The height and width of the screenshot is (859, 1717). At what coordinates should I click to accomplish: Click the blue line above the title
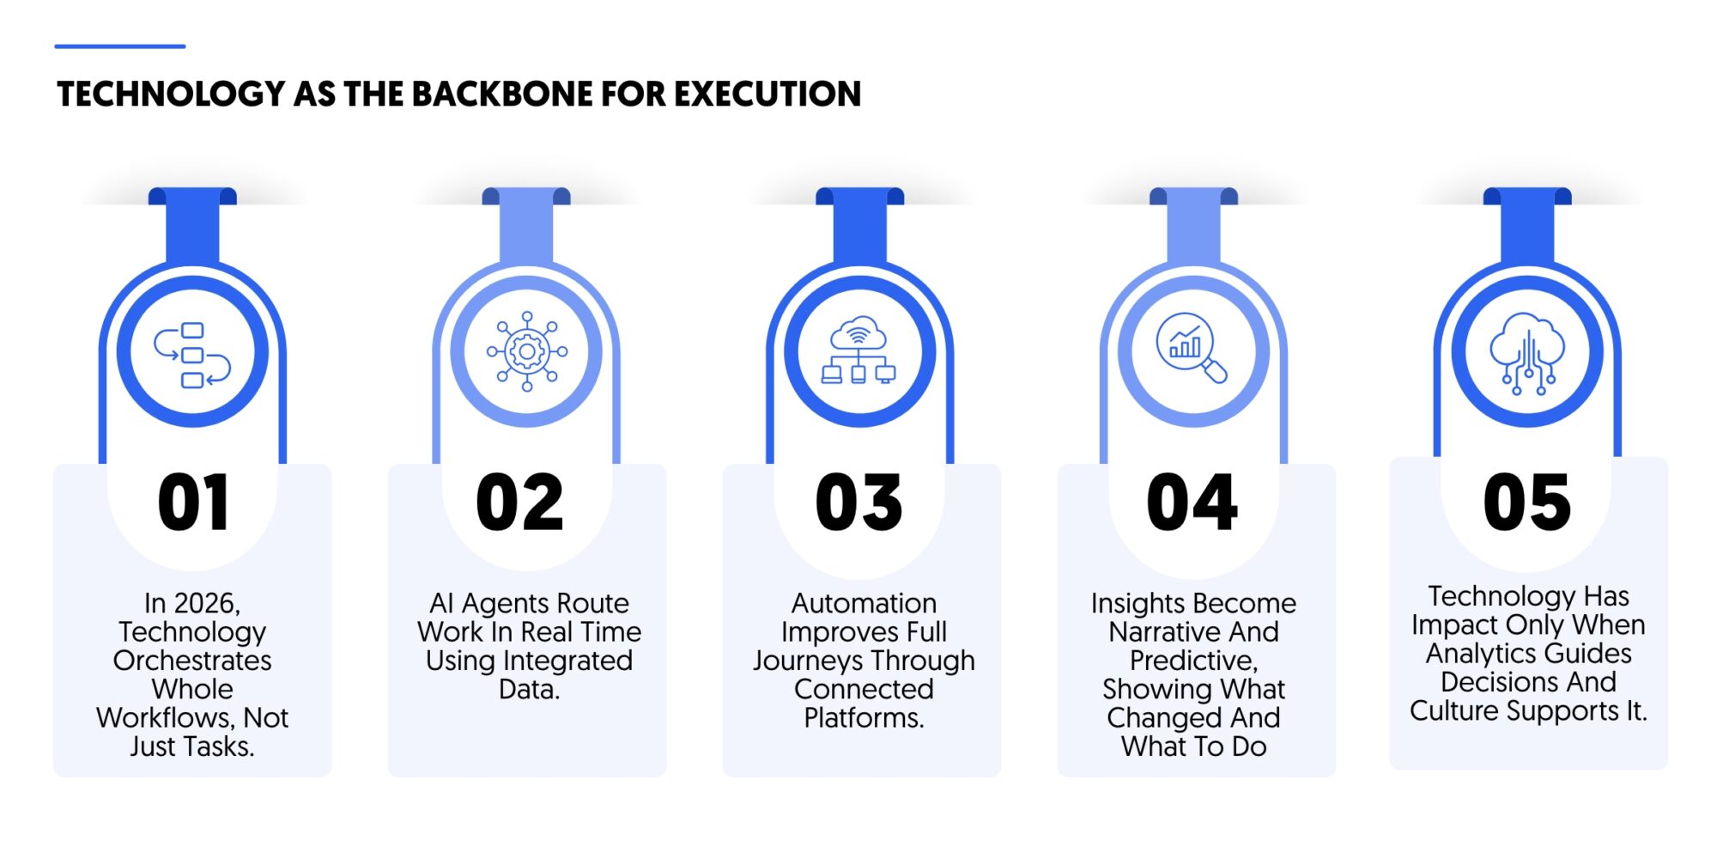(x=120, y=46)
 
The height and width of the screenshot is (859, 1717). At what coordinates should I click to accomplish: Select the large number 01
(x=194, y=503)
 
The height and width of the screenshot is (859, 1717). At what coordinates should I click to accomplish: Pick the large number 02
(x=519, y=503)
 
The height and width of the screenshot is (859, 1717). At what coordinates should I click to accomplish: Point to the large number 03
(x=858, y=503)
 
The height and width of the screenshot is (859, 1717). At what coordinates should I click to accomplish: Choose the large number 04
(x=1192, y=503)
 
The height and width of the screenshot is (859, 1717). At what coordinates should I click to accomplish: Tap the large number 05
(x=1527, y=503)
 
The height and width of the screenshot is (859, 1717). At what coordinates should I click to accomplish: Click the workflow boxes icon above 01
(x=192, y=355)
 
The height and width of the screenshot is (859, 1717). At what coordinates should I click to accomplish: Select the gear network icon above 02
(x=527, y=351)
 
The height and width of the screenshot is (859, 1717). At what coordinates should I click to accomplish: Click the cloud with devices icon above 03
(x=858, y=350)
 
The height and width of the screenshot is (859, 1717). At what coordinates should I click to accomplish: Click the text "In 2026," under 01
(x=192, y=604)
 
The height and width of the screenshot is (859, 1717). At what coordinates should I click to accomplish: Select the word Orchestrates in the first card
(x=192, y=661)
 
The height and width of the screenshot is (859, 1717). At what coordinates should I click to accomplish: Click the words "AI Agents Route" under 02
(x=529, y=603)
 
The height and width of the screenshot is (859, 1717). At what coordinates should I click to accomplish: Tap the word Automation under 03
(x=864, y=603)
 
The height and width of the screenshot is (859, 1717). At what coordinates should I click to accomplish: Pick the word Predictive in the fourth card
(x=1193, y=661)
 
